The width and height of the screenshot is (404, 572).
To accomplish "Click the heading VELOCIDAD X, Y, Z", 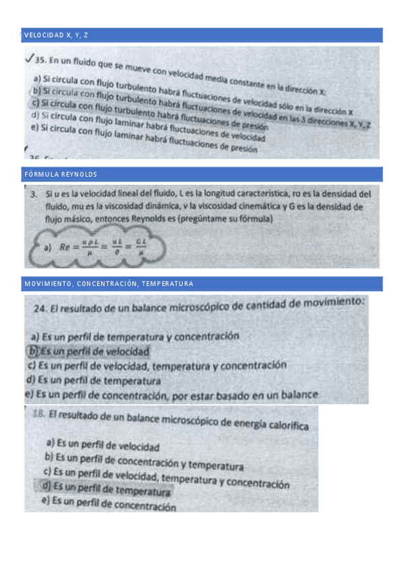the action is tap(56, 35).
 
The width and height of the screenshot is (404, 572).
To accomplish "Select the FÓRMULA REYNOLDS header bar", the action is tap(61, 175).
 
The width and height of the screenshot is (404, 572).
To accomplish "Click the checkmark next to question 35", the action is tap(28, 59).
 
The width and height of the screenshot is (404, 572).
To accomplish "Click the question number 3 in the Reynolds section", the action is tap(33, 194).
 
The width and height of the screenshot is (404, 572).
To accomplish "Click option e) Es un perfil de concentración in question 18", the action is tap(108, 503).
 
